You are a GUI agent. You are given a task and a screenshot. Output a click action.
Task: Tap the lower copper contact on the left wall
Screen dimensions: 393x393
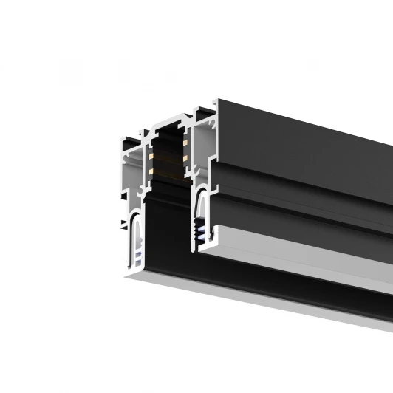click(152, 171)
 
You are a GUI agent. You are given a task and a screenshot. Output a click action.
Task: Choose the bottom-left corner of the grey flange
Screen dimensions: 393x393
click(124, 278)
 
